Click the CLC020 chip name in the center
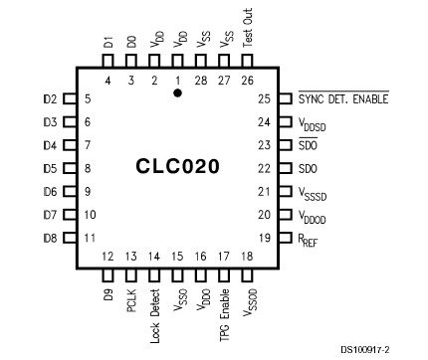click(178, 166)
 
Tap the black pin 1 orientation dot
click(177, 92)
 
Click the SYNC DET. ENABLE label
click(343, 99)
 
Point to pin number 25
click(263, 99)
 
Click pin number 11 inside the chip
click(90, 238)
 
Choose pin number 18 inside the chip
click(246, 258)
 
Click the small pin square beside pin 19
click(284, 238)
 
